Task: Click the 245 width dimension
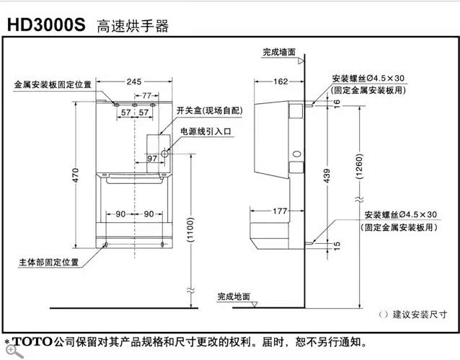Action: click(134, 82)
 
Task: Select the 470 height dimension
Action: click(76, 176)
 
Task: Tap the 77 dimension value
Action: click(147, 95)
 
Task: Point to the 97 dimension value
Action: click(153, 158)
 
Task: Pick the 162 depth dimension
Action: click(282, 82)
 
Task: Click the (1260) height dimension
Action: click(358, 170)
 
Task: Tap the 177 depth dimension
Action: click(281, 211)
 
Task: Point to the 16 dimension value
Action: click(336, 103)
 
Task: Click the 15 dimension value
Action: click(336, 246)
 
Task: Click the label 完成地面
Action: click(234, 297)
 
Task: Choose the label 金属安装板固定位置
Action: click(53, 84)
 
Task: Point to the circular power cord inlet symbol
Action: click(165, 153)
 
